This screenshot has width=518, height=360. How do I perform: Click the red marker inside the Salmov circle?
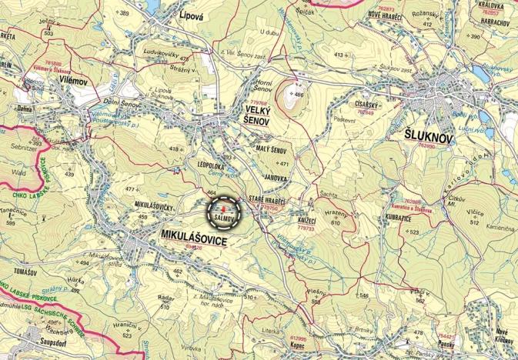(223, 208)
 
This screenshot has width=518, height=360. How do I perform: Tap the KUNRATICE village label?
(404, 218)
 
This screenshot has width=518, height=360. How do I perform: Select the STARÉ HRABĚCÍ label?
(267, 200)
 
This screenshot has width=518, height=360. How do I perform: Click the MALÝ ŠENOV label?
(272, 148)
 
